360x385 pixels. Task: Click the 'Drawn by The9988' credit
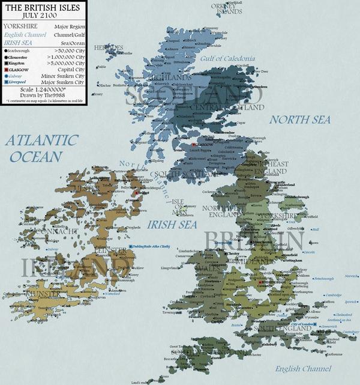[x=43, y=100]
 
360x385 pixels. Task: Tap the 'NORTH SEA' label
[x=299, y=120]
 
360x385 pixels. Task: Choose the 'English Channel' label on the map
[x=304, y=368]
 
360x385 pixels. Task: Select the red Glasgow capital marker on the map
[x=193, y=145]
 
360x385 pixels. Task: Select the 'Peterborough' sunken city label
[x=323, y=279]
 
